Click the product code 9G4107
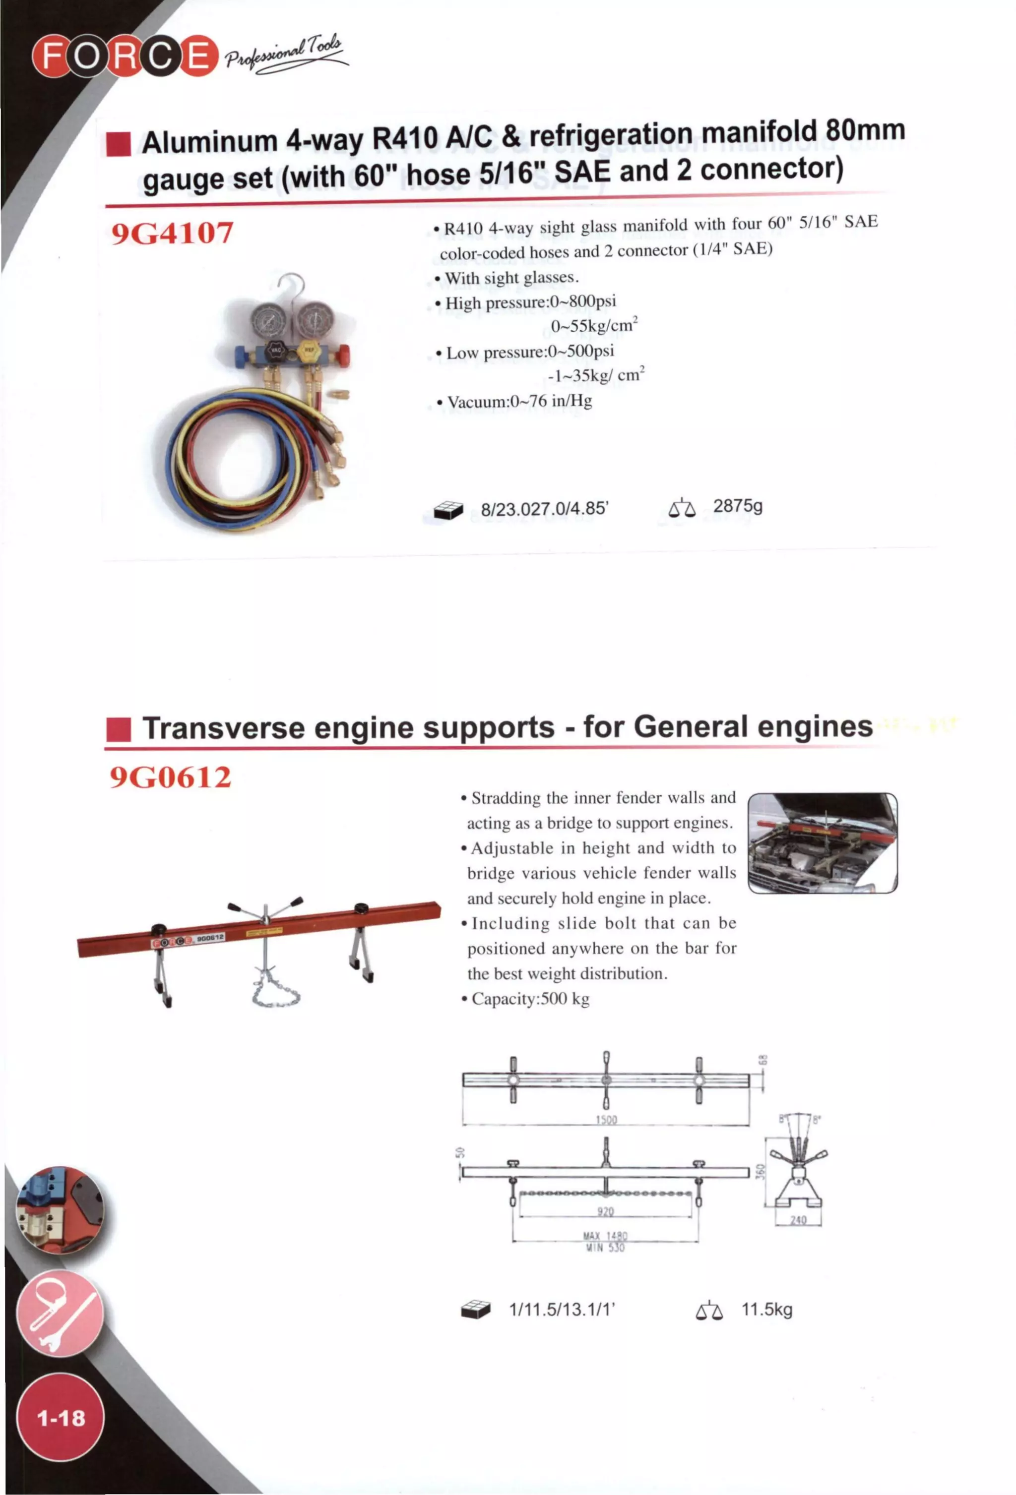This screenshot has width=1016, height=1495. (172, 233)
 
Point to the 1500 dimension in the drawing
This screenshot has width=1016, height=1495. (605, 1120)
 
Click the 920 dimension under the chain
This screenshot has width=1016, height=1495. (605, 1212)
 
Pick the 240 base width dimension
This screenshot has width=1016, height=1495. (797, 1220)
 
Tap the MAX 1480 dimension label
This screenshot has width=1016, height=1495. (605, 1236)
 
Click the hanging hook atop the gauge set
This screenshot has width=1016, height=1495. (293, 286)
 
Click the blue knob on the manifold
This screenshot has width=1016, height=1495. (239, 355)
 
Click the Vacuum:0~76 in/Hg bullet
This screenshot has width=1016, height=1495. (518, 402)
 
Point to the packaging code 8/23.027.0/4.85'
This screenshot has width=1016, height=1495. (544, 509)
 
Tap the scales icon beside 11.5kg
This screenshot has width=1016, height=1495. (708, 1311)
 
